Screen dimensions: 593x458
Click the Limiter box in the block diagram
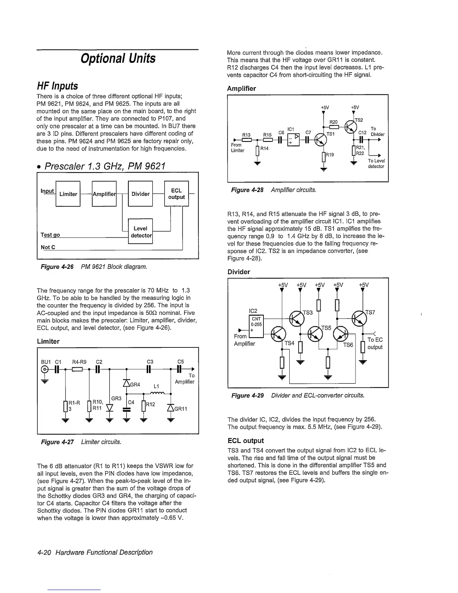coord(68,194)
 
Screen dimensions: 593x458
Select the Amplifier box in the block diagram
coord(104,194)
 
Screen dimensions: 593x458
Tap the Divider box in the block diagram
coord(140,194)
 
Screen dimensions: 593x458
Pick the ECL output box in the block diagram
coord(176,194)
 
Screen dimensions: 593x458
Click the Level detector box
coord(140,232)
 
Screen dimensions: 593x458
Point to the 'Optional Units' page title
coord(118,58)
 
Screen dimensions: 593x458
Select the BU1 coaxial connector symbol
coord(45,370)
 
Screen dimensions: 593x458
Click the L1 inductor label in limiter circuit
coord(157,386)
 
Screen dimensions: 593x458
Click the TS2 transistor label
coord(359,120)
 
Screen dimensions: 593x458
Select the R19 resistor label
coord(330,154)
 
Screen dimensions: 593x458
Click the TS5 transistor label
coord(326,328)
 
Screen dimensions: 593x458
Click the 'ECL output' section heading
coord(245,441)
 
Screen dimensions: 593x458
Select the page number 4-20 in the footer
coord(46,552)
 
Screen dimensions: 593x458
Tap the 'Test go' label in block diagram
coord(50,235)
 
